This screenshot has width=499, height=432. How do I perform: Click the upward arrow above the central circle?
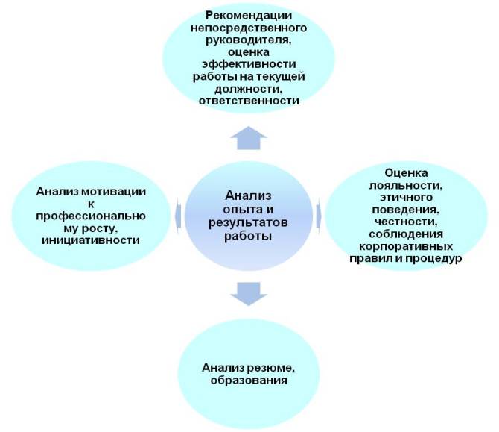[x=249, y=138]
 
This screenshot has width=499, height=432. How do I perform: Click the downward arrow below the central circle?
[x=249, y=294]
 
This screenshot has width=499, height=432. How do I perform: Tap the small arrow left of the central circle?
[x=179, y=216]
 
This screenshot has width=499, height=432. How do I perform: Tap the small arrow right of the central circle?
[x=319, y=216]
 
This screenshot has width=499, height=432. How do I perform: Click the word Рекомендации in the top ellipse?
[x=249, y=16]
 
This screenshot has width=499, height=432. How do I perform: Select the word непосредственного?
[x=249, y=28]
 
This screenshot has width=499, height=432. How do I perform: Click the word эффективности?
[x=249, y=64]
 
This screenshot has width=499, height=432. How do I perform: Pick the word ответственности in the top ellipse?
[x=249, y=101]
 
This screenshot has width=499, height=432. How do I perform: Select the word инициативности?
[x=91, y=240]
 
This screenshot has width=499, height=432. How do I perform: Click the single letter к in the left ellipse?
[x=91, y=204]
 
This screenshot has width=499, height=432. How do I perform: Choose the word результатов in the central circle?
[x=248, y=222]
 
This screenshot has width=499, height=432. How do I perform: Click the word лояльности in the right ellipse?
[x=406, y=185]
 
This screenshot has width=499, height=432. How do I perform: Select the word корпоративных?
[x=406, y=246]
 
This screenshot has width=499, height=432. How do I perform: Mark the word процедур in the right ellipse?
[x=433, y=259]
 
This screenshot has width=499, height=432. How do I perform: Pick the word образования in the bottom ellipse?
[x=249, y=381]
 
